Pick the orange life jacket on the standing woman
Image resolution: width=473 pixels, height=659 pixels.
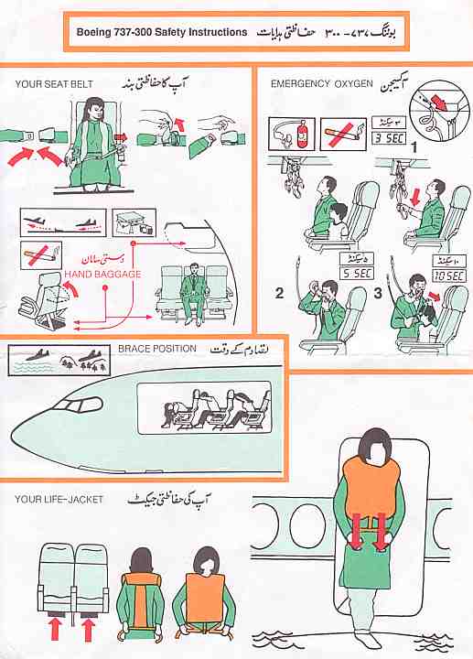[x=370, y=495]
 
